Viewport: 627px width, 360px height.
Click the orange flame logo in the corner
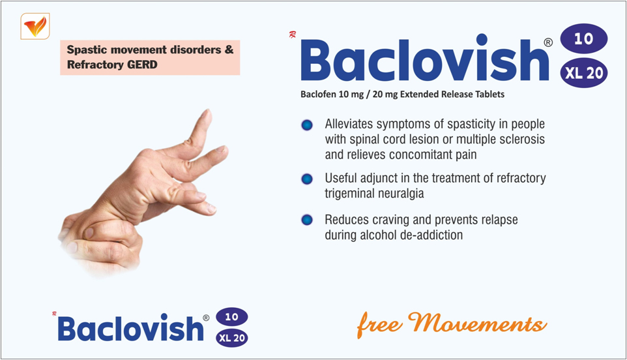click(35, 26)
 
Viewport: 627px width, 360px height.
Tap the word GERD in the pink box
click(142, 65)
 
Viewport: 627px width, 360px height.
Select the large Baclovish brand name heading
click(424, 60)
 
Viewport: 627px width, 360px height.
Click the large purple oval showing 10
click(584, 38)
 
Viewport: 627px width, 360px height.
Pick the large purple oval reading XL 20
click(584, 73)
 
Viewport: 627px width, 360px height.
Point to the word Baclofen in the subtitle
click(318, 95)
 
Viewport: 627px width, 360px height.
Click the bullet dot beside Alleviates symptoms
click(307, 125)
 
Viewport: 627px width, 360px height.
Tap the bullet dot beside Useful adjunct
click(307, 179)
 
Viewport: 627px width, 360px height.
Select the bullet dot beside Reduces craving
click(307, 220)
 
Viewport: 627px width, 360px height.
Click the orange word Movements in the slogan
click(478, 323)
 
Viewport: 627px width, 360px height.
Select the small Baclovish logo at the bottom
click(131, 328)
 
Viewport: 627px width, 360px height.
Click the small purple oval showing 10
click(232, 317)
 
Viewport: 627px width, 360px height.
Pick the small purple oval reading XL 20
click(232, 338)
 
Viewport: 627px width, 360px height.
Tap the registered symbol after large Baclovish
click(548, 42)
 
